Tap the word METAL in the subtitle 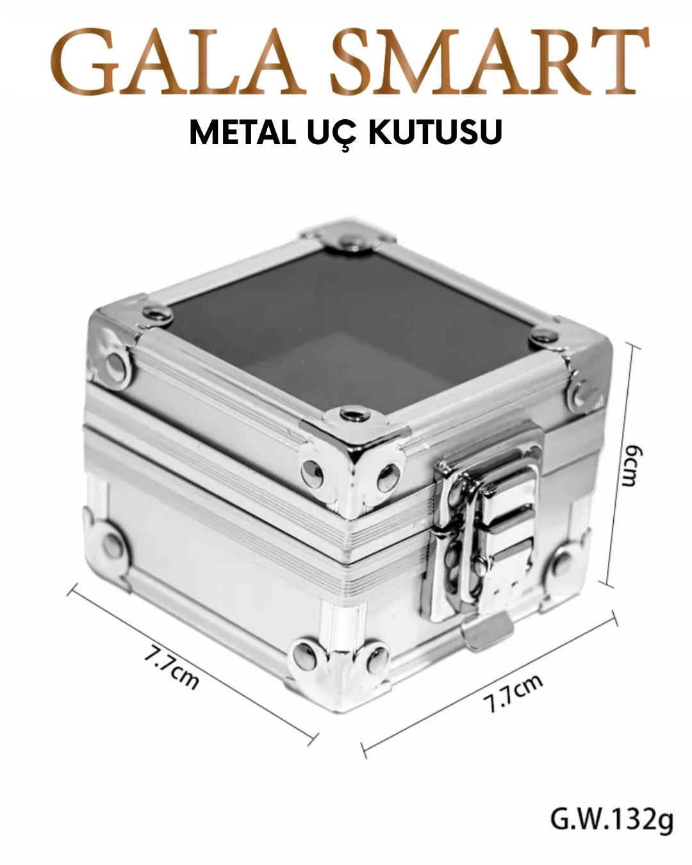[242, 132]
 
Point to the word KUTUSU [436, 132]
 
